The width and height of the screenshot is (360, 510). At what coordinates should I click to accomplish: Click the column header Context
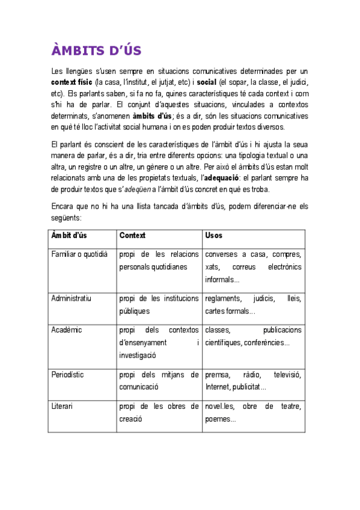coord(132,235)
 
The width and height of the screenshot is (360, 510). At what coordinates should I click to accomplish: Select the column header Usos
coord(213,235)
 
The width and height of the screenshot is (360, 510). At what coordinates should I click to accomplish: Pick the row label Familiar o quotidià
coord(80,254)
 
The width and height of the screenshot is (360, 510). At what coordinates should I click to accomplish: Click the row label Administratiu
coord(72,298)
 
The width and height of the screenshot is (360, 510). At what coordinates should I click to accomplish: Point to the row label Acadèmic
coord(67,330)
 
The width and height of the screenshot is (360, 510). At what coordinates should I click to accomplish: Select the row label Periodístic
coord(68,375)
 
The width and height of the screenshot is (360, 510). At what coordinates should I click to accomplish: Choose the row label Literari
coord(63,407)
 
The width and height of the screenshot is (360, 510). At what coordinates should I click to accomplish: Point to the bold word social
coord(206,82)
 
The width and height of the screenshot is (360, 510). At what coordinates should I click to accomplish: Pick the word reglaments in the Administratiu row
coord(224,299)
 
